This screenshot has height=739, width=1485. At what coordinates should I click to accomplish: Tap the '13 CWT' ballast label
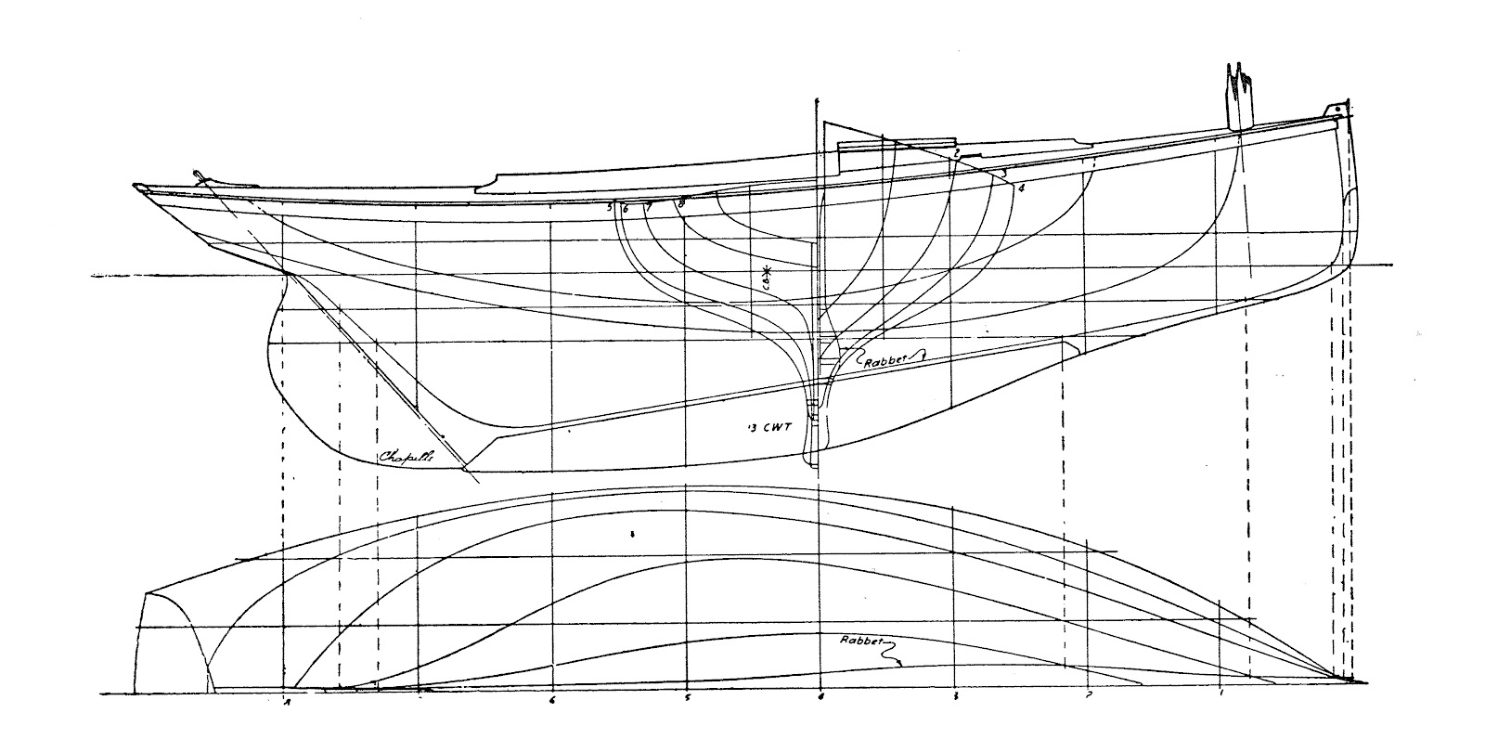[760, 428]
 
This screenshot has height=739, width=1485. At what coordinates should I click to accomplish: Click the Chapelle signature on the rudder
[406, 457]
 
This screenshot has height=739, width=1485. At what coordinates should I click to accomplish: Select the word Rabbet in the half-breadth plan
[862, 642]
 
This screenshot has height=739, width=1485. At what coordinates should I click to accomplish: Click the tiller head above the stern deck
[197, 175]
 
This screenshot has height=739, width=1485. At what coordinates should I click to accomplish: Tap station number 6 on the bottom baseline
[552, 700]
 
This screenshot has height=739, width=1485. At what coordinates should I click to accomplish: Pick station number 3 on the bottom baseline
[955, 696]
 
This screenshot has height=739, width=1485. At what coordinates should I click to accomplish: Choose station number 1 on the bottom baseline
[1222, 694]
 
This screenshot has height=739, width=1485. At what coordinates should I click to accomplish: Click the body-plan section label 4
[1021, 188]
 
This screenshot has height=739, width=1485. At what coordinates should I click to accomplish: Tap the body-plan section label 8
[682, 201]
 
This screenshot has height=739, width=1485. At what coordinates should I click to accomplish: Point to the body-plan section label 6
[626, 209]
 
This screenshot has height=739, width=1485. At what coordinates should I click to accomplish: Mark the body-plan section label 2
[955, 150]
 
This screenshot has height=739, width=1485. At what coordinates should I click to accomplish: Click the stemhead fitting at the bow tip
[1336, 110]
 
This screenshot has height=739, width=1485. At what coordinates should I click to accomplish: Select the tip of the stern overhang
[138, 189]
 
